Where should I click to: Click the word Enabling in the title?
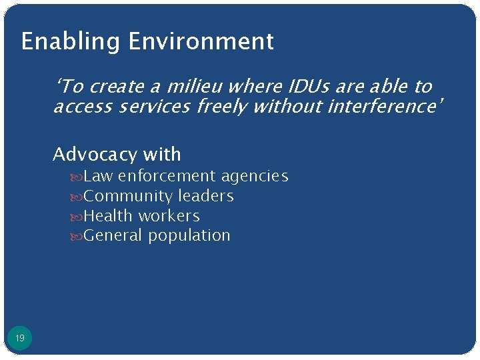click(71, 42)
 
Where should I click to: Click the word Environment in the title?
click(201, 41)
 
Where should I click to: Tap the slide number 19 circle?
click(20, 339)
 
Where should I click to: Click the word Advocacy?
click(94, 155)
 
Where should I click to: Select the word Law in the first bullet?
click(98, 176)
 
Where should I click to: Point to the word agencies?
click(255, 176)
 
